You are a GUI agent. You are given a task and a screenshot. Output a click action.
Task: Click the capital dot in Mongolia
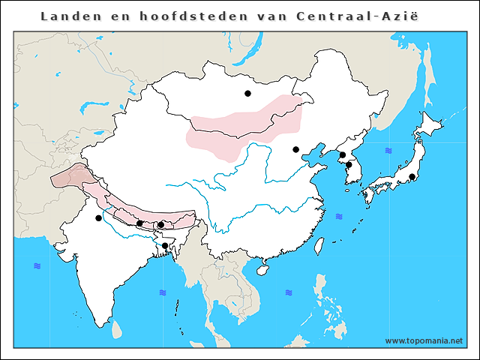click(x=247, y=94)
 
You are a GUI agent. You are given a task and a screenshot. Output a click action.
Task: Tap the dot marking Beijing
click(x=296, y=149)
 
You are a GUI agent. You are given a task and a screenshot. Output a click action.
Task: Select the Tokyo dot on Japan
click(x=412, y=177)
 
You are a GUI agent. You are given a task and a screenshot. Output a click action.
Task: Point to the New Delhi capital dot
click(x=98, y=218)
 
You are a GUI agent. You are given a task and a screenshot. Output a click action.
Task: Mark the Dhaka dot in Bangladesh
click(x=165, y=245)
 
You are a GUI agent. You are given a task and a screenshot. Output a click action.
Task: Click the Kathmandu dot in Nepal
click(x=139, y=223)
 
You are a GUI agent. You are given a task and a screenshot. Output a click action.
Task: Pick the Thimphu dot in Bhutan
click(x=161, y=224)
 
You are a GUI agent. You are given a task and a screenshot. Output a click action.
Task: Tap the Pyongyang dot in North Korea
click(x=342, y=155)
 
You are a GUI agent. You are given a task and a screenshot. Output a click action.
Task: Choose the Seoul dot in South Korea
click(x=349, y=165)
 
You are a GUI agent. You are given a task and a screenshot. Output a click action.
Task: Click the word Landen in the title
click(x=64, y=16)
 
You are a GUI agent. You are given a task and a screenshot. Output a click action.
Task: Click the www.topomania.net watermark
click(x=424, y=340)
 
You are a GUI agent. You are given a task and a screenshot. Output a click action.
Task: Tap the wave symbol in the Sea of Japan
click(x=388, y=151)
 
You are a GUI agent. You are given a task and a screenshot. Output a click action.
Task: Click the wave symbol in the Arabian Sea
click(x=37, y=266)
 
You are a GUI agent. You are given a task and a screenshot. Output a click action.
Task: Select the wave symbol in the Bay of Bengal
click(x=163, y=292)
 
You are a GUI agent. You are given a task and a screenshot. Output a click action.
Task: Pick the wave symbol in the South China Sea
click(x=288, y=292)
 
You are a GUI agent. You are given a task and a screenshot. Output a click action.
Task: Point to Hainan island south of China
click(x=263, y=268)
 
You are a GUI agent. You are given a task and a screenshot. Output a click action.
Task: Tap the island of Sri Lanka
click(x=117, y=328)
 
